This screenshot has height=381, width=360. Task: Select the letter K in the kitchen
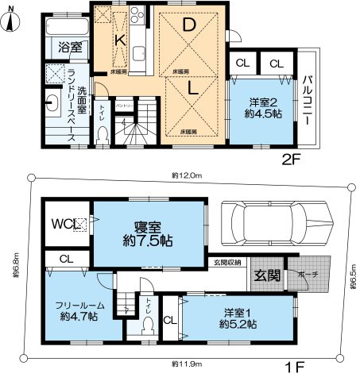tap(117, 40)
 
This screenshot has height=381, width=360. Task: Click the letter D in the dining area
tap(189, 25)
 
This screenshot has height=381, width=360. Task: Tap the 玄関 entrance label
tap(265, 275)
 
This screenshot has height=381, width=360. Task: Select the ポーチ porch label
tap(309, 275)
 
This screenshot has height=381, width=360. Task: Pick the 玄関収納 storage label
tap(226, 262)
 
